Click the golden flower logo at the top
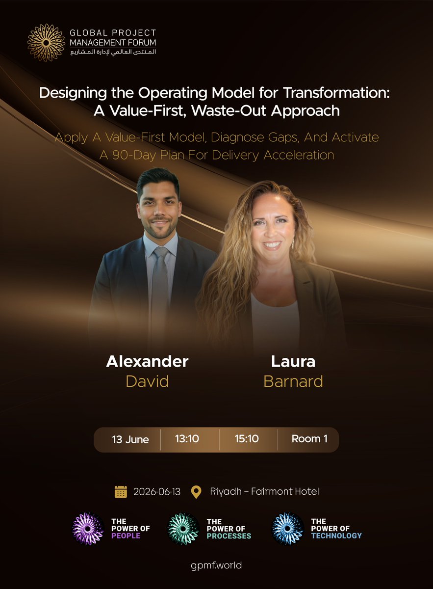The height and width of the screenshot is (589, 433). click(46, 42)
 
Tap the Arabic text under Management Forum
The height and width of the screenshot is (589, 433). click(113, 52)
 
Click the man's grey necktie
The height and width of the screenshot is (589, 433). click(160, 285)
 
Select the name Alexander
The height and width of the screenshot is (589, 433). click(147, 362)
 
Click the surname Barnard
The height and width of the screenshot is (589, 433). click(293, 381)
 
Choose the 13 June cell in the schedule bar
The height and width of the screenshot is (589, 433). click(130, 439)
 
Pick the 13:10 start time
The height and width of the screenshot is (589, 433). click(187, 439)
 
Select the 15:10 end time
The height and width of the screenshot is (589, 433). click(247, 439)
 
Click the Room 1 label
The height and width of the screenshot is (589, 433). click(309, 439)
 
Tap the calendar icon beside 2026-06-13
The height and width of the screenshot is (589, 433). click(121, 491)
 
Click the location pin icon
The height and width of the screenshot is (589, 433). click(196, 491)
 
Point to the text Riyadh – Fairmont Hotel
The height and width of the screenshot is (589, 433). click(264, 491)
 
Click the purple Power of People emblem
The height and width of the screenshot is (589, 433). click(88, 529)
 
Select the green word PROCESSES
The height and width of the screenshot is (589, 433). click(229, 536)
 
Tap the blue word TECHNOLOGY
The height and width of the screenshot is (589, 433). click(336, 536)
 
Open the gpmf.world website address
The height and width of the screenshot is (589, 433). click(216, 565)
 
